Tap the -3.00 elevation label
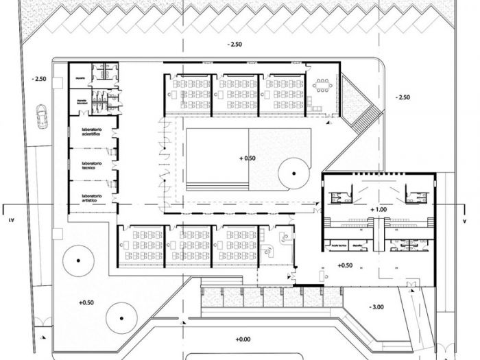click(379, 307)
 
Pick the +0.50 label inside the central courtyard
click(247, 158)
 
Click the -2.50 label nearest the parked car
click(38, 79)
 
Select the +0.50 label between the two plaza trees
click(87, 301)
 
